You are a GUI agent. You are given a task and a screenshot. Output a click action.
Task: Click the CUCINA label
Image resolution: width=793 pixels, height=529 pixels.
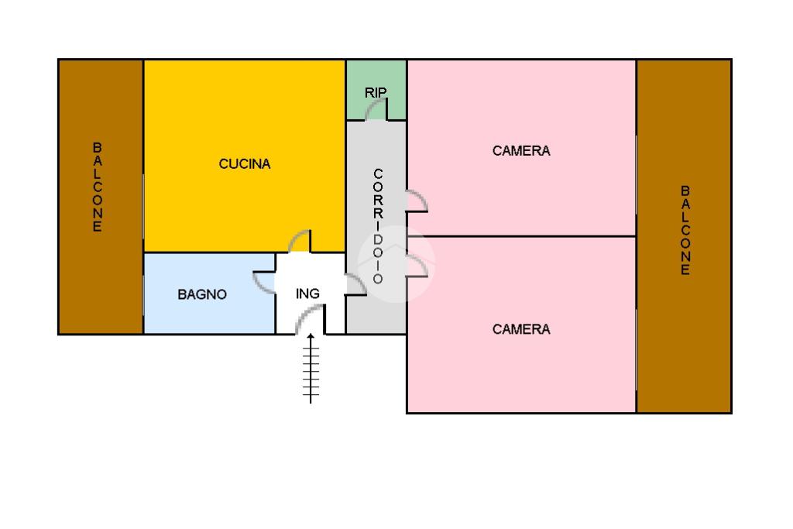click(x=245, y=164)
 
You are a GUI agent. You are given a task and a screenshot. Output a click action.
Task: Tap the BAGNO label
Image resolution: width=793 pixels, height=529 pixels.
click(x=202, y=294)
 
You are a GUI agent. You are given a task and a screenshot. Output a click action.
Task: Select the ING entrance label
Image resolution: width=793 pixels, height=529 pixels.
click(x=307, y=294)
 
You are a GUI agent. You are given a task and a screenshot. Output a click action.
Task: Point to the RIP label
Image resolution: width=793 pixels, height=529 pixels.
click(x=376, y=92)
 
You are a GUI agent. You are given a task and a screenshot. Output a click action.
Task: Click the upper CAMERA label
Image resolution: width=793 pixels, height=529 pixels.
click(x=521, y=151)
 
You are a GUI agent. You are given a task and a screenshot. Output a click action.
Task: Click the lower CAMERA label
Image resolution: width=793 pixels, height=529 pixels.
click(x=521, y=329)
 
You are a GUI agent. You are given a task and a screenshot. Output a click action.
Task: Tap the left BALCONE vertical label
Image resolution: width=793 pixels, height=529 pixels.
click(x=97, y=187)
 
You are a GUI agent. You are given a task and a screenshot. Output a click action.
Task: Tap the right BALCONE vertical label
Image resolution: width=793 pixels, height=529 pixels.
click(x=685, y=230)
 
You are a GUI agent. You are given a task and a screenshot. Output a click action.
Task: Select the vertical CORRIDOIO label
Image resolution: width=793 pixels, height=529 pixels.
click(x=378, y=226)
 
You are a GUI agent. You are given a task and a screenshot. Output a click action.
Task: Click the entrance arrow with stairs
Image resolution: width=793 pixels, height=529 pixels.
click(x=311, y=368)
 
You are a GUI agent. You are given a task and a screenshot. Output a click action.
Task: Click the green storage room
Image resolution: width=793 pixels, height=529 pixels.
click(x=376, y=90)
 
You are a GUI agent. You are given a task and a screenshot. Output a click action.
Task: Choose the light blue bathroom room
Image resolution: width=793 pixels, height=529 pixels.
click(x=209, y=294)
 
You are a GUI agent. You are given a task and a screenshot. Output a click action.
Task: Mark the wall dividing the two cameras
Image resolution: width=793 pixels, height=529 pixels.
click(x=521, y=236)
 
